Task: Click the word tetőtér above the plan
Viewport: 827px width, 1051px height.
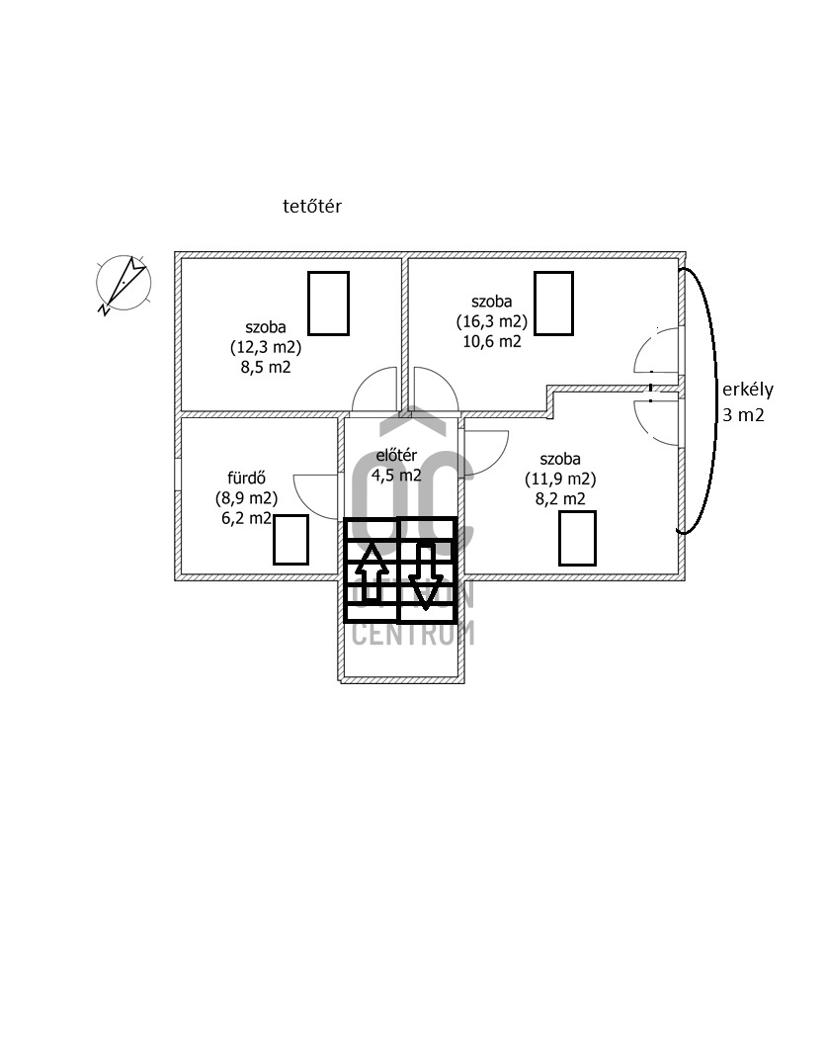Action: [311, 207]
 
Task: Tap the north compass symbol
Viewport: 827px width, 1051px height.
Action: [124, 282]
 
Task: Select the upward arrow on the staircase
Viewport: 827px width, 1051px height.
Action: [372, 572]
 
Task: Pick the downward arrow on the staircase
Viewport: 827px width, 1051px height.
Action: [426, 575]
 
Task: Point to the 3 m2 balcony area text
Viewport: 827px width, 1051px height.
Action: [743, 415]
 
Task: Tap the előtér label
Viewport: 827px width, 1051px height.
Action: [396, 456]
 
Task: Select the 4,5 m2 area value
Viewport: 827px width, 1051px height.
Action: [396, 475]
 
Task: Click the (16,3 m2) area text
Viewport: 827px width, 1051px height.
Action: [491, 321]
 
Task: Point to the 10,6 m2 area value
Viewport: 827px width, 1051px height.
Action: [491, 342]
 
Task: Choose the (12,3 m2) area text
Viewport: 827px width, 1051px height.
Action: [265, 347]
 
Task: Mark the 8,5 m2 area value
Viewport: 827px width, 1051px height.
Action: [265, 368]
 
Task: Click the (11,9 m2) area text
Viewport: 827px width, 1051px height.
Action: [559, 480]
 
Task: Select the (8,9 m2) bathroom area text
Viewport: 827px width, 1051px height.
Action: [246, 497]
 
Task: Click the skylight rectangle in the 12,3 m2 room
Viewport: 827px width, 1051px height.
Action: [328, 303]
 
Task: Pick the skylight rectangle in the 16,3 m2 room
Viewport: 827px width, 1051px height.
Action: [553, 303]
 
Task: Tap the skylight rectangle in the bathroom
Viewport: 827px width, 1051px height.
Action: [290, 539]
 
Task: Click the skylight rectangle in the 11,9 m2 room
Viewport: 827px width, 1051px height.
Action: [577, 538]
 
